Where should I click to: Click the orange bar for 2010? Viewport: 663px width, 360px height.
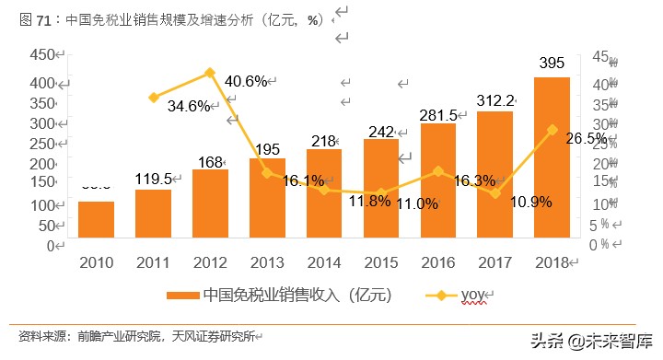(96, 223)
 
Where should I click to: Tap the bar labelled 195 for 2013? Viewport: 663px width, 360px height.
(267, 208)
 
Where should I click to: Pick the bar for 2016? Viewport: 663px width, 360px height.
(438, 184)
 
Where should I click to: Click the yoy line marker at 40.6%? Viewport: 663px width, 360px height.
(210, 73)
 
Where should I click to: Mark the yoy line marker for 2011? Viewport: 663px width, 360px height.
(153, 97)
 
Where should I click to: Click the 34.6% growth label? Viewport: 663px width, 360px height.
(190, 106)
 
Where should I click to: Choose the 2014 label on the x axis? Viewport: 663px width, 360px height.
(324, 263)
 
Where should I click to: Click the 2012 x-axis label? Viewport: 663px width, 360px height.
(210, 263)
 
